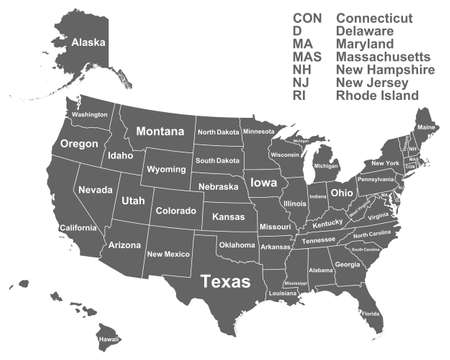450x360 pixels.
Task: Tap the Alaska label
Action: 89,43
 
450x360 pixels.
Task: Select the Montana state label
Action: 160,131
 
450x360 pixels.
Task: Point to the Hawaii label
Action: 108,339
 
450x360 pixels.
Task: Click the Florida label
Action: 370,314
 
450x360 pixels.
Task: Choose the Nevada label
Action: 96,190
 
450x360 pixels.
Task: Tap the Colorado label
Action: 175,211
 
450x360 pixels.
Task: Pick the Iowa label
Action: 264,183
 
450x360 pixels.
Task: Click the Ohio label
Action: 341,192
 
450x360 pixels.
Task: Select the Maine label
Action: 426,128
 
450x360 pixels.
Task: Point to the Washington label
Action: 90,115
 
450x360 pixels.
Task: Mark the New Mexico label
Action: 167,254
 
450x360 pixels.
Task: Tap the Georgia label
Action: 347,264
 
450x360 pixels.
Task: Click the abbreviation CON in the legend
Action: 308,18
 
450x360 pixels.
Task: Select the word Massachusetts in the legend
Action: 385,58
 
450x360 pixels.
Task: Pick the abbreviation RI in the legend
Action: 299,97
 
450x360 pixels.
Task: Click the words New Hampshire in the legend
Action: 385,71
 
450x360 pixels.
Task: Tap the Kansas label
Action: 228,216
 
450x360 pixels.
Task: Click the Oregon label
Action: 79,144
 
